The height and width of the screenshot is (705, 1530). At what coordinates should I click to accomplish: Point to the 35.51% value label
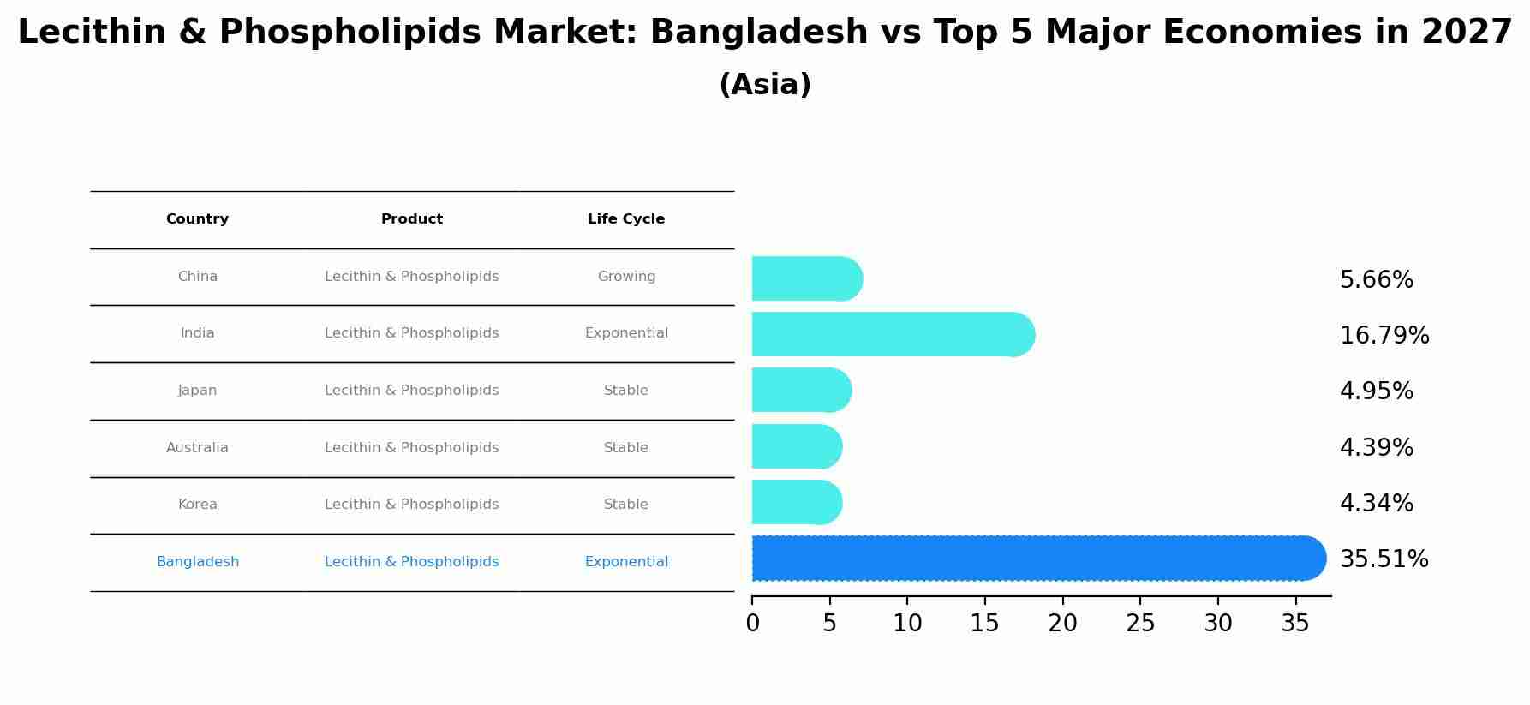point(1384,559)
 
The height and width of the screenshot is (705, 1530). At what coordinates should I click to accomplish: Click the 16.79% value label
point(1384,336)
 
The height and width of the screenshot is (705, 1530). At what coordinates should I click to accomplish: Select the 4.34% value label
point(1376,504)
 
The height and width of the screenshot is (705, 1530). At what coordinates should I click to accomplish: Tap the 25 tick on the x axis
point(1140,624)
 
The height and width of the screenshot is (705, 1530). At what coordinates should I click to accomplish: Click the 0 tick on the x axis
point(752,624)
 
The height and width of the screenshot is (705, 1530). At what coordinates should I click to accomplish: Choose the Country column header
point(197,219)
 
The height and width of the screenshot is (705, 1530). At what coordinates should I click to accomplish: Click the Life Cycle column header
point(626,219)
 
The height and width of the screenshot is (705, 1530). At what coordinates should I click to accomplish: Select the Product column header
point(412,219)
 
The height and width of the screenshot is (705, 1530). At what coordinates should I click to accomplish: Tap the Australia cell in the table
point(197,448)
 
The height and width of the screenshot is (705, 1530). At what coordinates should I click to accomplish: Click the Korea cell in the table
point(197,505)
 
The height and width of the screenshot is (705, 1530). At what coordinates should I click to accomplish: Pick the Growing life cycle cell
point(626,277)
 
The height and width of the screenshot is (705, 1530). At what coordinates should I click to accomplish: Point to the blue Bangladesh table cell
point(198,562)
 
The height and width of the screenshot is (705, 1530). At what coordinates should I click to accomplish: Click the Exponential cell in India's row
point(626,333)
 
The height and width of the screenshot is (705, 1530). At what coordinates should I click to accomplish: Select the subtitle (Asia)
point(765,85)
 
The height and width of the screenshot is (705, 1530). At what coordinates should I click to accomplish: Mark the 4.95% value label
point(1376,391)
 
